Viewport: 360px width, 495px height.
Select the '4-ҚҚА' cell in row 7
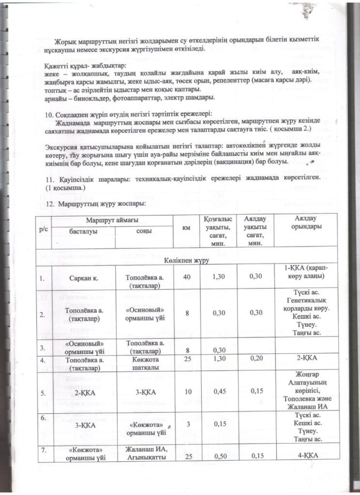[x=307, y=455]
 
